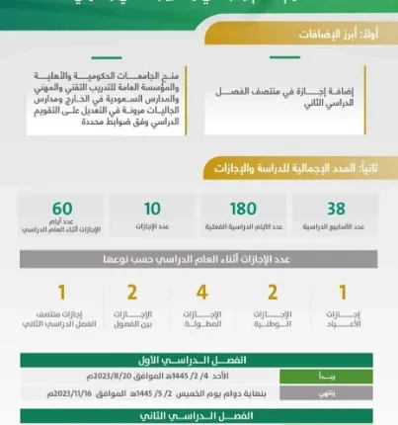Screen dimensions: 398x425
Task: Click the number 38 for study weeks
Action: (x=336, y=209)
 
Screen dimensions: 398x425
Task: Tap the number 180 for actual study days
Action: (x=244, y=209)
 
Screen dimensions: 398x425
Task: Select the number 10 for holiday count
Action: (x=152, y=209)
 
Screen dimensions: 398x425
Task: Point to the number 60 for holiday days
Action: (x=62, y=209)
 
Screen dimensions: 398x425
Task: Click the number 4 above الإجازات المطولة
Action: (x=201, y=294)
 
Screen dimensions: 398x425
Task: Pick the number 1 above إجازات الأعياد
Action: (x=343, y=294)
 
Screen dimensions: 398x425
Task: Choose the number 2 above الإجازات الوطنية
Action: (x=273, y=294)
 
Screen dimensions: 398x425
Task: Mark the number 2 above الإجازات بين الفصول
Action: (x=131, y=294)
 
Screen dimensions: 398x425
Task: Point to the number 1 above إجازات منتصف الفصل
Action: (x=61, y=294)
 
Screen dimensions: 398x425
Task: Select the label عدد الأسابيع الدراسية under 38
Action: (x=336, y=227)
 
